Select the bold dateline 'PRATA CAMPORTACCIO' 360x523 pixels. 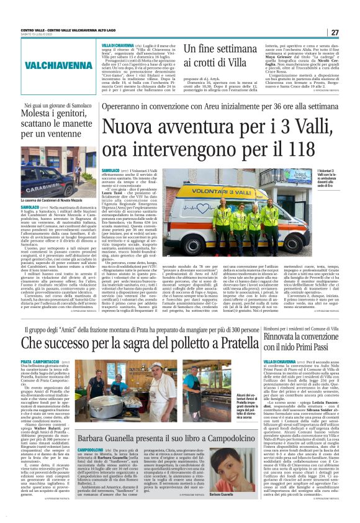39,361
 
